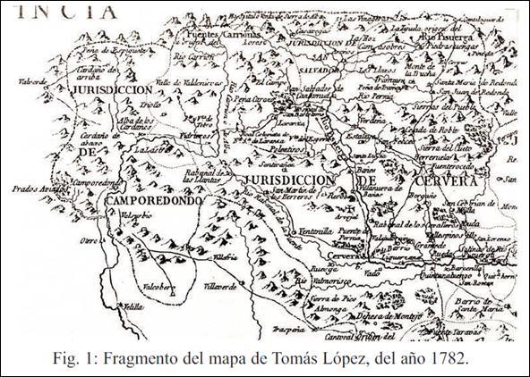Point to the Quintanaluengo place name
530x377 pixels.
465,276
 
